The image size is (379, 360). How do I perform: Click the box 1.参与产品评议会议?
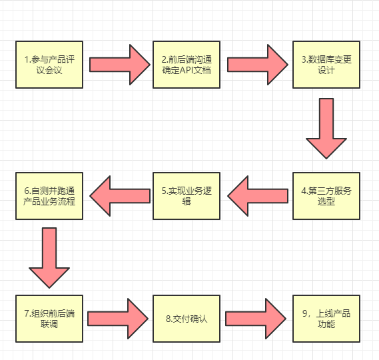coord(49,65)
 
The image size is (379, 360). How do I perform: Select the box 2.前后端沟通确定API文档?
coord(187,65)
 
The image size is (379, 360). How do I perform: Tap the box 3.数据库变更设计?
coord(326,65)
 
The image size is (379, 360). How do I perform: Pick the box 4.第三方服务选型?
coord(326,196)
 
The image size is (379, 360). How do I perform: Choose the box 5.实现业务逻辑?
coord(187,196)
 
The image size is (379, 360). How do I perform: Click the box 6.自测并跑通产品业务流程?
coord(49,196)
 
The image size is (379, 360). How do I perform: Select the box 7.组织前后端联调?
coord(49,319)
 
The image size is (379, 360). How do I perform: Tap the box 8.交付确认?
coord(187,319)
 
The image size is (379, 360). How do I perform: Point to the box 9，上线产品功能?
coord(326,319)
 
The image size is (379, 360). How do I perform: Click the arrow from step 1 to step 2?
coord(120,65)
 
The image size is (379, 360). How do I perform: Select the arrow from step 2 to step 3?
coord(258,65)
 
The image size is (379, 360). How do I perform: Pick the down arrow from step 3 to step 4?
coord(326,129)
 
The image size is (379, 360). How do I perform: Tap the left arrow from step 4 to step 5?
coord(258,196)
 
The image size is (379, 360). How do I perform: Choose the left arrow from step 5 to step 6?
coord(120,196)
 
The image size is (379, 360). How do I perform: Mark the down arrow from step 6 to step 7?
coord(49,258)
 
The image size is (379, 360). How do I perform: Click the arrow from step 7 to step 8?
coord(118,319)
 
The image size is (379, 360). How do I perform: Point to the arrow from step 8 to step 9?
coord(256,319)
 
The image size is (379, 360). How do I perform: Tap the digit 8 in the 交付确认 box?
coord(169,319)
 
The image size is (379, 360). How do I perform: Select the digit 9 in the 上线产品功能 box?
coord(305,313)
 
